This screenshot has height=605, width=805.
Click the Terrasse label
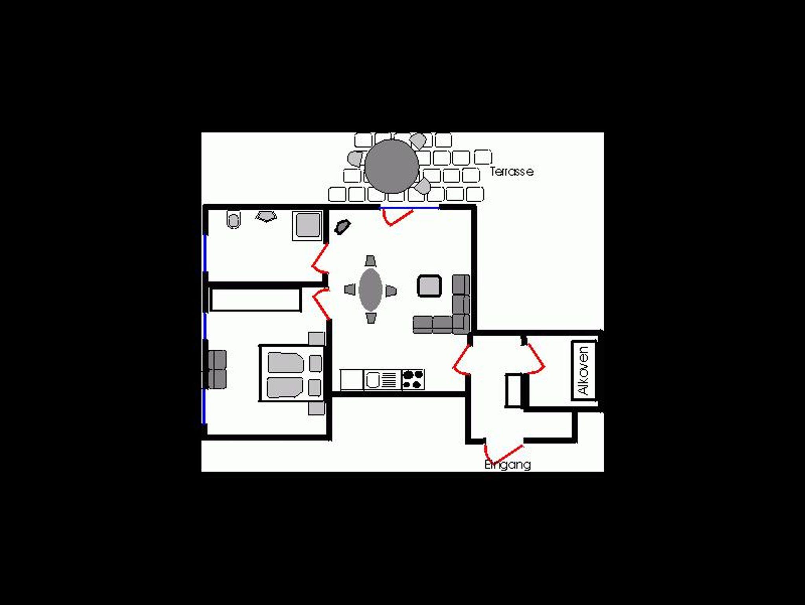512,172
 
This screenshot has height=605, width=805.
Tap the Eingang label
507,465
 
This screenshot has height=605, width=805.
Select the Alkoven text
584,371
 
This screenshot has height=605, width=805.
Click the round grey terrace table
391,166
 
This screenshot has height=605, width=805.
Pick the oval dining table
370,290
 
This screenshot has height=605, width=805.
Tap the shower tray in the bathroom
307,225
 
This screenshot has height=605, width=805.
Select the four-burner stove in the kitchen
413,380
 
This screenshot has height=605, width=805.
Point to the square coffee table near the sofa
429,286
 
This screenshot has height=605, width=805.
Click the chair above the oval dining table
370,261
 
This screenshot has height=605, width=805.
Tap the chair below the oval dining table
371,318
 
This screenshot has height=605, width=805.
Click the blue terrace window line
409,208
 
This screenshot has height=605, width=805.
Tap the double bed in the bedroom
292,373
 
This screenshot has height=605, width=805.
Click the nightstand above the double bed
316,338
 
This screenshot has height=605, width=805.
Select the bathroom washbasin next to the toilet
266,216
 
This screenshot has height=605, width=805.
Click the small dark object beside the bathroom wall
342,227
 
